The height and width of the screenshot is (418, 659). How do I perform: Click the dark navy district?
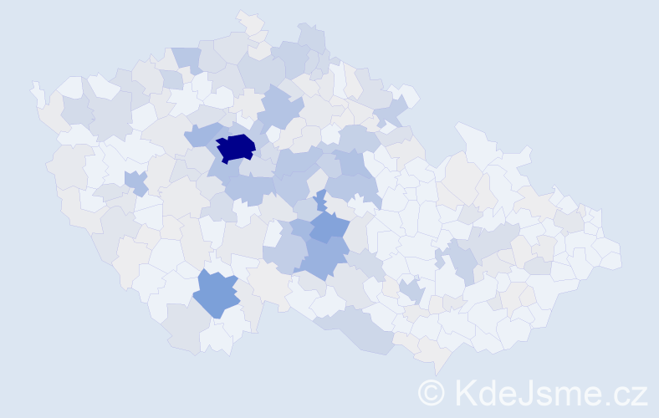point(236,148)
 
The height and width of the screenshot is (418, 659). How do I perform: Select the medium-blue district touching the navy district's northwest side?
point(201,135)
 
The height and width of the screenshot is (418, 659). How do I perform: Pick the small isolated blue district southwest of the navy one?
point(135,181)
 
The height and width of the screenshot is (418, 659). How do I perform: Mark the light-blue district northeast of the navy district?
point(280,109)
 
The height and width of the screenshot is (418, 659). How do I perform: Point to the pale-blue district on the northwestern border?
point(188,59)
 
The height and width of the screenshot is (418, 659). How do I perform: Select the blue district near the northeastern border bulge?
point(391,108)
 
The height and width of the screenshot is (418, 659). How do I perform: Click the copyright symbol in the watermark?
point(431,393)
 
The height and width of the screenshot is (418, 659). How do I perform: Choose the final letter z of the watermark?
point(639,395)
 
